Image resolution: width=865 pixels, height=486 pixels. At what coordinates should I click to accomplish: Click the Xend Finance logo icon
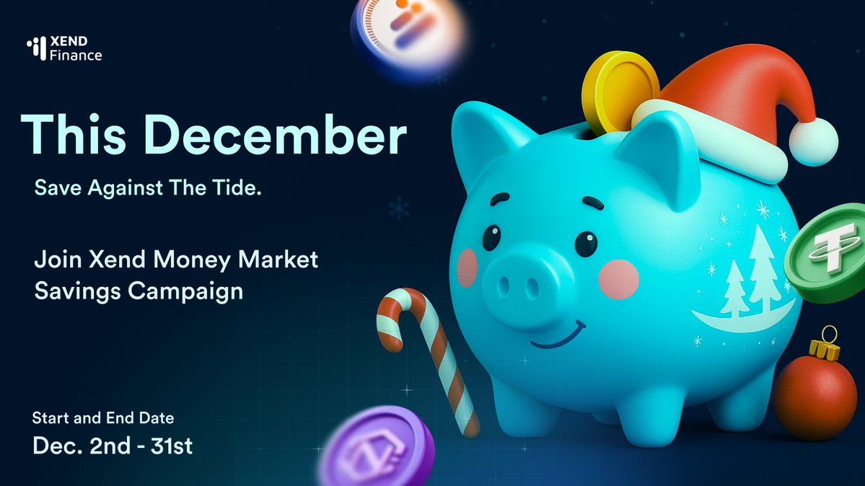click(x=36, y=48)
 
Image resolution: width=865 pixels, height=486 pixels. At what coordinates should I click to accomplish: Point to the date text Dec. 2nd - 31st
click(x=113, y=446)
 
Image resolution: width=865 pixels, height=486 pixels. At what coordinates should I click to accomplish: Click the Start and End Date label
click(x=103, y=417)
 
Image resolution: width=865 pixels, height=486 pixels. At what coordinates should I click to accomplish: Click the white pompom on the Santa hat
click(x=813, y=141)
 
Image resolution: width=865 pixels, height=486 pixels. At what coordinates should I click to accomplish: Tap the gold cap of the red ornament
click(x=827, y=350)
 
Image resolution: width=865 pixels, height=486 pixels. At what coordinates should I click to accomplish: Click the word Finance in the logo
click(x=76, y=55)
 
